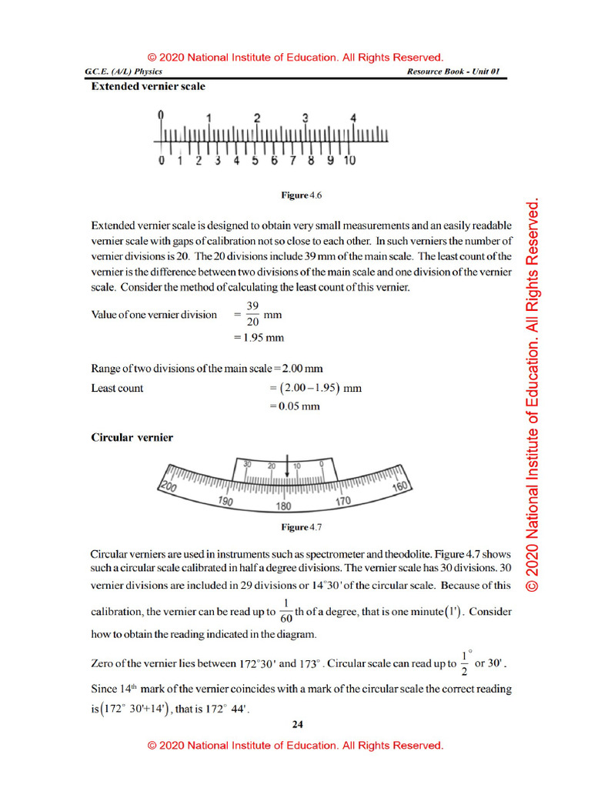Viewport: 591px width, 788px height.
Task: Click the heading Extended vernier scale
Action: pos(148,87)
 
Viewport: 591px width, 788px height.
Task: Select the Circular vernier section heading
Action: pos(132,438)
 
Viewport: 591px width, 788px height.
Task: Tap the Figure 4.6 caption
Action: pos(301,196)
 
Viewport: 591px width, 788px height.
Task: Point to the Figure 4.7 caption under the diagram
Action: pos(301,527)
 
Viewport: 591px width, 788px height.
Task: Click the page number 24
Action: pos(298,724)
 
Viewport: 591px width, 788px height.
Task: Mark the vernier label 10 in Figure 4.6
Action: pos(349,161)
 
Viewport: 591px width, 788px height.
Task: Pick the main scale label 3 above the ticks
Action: pos(306,118)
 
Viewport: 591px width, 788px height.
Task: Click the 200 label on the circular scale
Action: pos(169,487)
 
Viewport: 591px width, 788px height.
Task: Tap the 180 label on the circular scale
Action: pos(283,507)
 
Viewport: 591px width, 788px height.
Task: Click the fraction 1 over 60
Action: pos(285,613)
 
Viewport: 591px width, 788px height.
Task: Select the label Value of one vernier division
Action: pos(154,315)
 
